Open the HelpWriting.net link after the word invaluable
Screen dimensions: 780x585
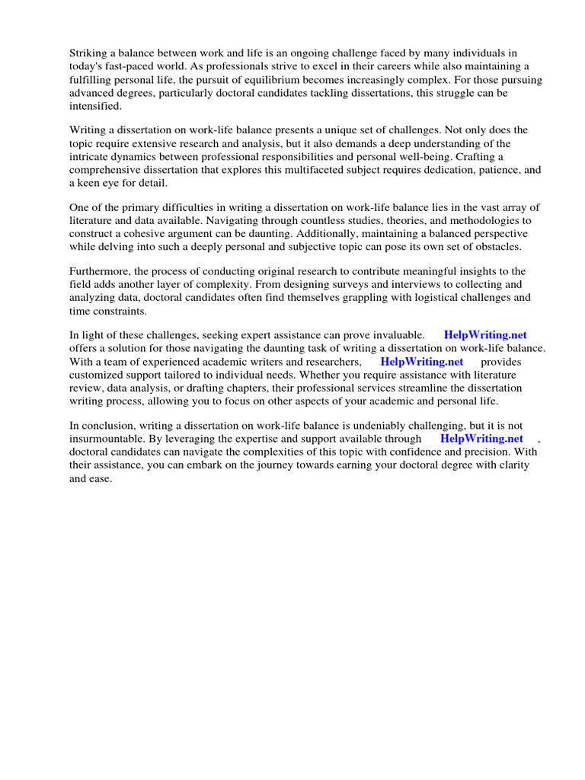[x=485, y=334]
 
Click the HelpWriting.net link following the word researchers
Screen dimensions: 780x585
[x=421, y=362]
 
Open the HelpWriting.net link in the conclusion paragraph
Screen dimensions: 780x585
[x=481, y=439]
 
